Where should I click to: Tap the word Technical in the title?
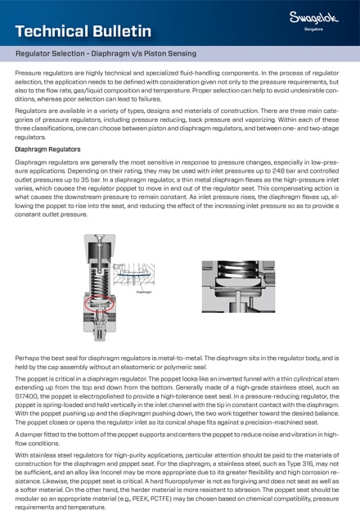[49, 31]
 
